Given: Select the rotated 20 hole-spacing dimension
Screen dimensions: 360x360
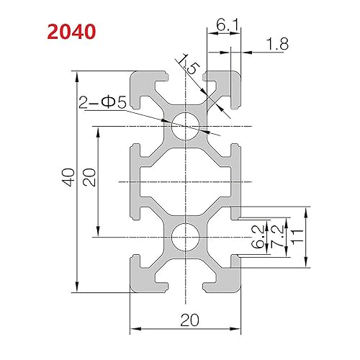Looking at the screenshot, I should coord(88,177).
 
